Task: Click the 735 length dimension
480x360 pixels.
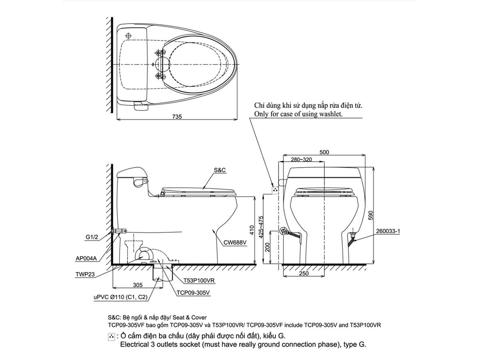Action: [177, 116]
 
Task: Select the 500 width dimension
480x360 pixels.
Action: [324, 152]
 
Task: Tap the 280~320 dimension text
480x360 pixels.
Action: [301, 160]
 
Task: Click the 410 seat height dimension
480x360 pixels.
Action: [252, 230]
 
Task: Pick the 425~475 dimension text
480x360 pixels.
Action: [261, 228]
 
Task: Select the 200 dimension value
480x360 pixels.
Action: [268, 248]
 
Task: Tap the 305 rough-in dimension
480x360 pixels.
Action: [137, 285]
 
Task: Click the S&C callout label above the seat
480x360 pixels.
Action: [220, 170]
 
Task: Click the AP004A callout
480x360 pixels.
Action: [86, 258]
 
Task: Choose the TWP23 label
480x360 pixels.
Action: [84, 275]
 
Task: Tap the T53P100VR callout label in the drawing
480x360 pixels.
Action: [199, 281]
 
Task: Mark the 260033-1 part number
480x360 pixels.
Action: [388, 231]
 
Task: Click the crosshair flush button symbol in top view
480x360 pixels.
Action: [129, 35]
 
